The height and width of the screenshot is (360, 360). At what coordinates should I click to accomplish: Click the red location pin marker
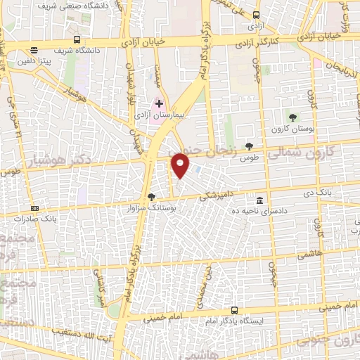pos(181,165)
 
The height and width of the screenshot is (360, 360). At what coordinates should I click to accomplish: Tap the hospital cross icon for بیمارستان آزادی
pos(160,103)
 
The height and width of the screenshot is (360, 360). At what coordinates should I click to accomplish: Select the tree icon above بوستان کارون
pos(292,117)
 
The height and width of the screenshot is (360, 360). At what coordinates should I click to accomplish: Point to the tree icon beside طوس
pos(249,146)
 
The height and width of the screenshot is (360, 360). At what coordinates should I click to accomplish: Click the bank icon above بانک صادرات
pos(35,208)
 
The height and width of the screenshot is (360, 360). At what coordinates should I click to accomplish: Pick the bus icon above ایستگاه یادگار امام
pos(234,310)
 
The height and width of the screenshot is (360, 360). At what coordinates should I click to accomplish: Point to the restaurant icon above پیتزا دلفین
pos(34,49)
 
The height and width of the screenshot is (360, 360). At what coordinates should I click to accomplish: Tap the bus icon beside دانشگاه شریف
pos(77,39)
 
